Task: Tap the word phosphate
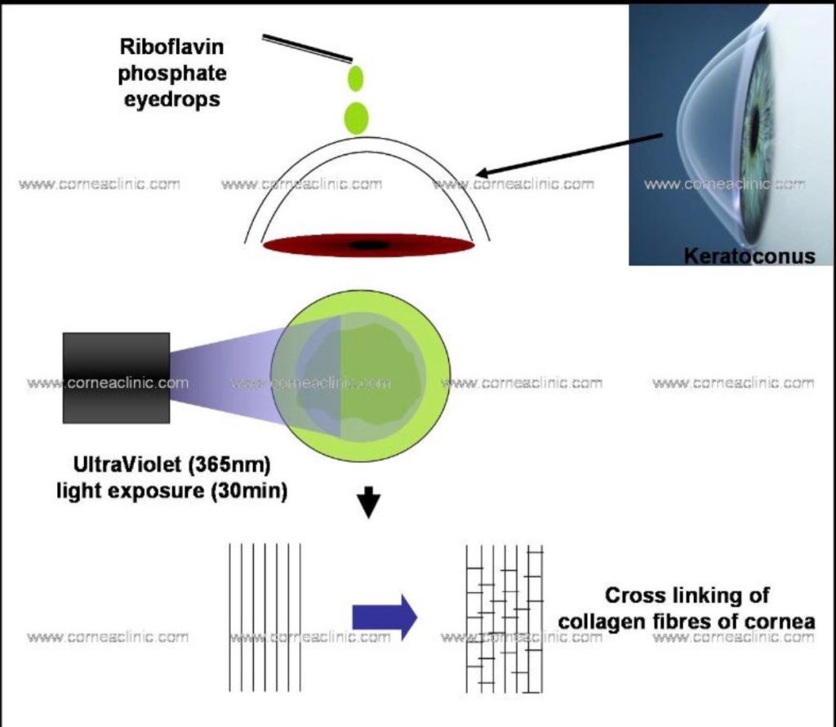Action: tap(172, 74)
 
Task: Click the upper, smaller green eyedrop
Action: tap(355, 78)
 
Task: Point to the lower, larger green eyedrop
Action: tap(356, 117)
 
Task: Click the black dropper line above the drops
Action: tap(307, 48)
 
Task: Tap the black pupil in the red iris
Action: tap(369, 245)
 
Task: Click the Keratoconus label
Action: tap(749, 256)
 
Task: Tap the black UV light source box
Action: tap(116, 377)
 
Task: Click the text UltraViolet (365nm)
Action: tap(171, 467)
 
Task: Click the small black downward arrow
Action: tap(370, 506)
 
